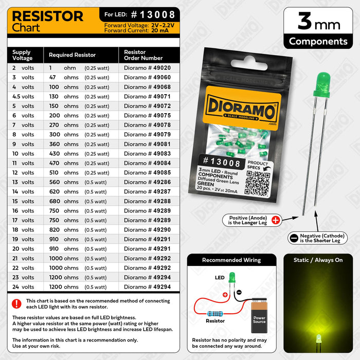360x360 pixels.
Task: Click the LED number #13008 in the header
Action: click(x=150, y=14)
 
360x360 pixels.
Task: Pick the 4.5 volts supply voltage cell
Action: click(x=23, y=96)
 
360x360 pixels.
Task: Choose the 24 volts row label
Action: click(x=23, y=287)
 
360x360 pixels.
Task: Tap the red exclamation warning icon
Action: click(x=17, y=304)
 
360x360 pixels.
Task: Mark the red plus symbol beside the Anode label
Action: click(x=275, y=220)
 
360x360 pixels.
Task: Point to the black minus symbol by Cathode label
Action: click(x=294, y=238)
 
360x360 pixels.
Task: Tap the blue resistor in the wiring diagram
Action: click(x=213, y=312)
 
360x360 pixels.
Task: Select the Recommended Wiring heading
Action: click(x=231, y=260)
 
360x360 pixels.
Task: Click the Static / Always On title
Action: click(x=318, y=260)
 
